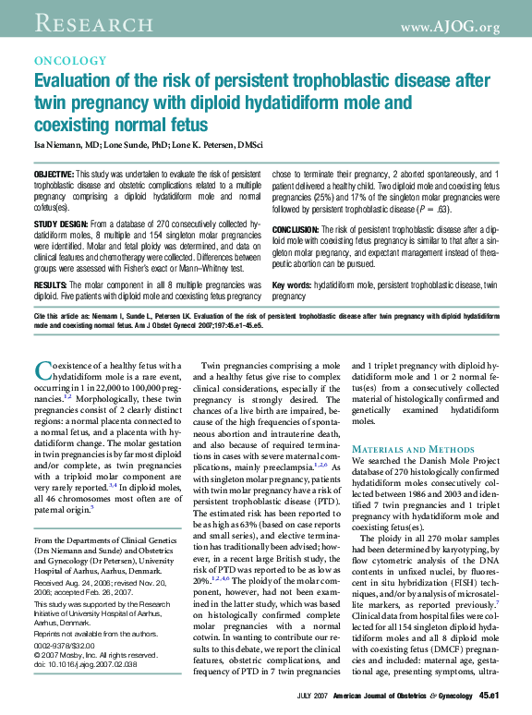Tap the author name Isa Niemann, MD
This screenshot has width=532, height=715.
click(66, 145)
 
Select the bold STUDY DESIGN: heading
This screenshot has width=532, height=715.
click(61, 224)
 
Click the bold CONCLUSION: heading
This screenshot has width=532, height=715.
click(296, 229)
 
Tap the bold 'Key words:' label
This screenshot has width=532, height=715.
click(291, 285)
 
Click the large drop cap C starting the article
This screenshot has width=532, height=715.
click(42, 372)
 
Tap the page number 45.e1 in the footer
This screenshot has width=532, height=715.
click(489, 695)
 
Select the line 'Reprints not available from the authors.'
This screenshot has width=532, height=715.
click(94, 634)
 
